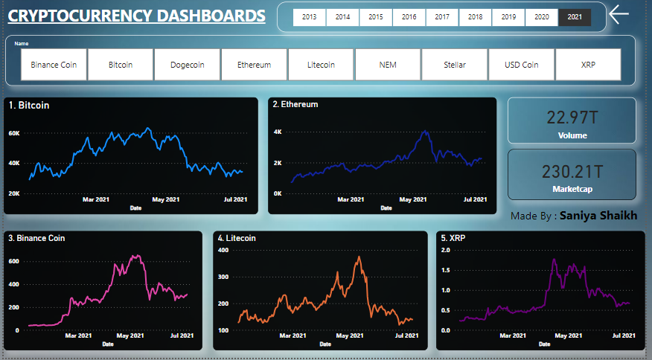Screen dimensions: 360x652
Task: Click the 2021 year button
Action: tap(575, 17)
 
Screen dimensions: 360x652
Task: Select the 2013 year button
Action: tap(309, 17)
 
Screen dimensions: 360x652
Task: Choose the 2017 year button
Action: tap(441, 17)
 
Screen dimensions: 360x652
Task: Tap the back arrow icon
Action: tap(619, 15)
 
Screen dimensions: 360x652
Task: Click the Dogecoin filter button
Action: tap(187, 65)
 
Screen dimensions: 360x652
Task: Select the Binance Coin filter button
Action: tap(54, 65)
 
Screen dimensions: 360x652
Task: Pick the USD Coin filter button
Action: tap(521, 65)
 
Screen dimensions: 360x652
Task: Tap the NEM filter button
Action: tap(388, 65)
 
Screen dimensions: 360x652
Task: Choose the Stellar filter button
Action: tap(454, 65)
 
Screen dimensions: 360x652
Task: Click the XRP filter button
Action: tap(588, 65)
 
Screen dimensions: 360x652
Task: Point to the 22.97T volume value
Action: tap(572, 117)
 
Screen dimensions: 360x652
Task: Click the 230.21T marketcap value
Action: tap(572, 171)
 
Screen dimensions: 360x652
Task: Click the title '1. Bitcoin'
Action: tap(29, 106)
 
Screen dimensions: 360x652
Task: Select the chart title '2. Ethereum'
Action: tap(295, 105)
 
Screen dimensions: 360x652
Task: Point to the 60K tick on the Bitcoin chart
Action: tap(14, 133)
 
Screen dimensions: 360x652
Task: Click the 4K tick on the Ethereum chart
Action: tap(278, 132)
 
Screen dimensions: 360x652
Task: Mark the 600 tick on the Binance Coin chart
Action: tap(14, 262)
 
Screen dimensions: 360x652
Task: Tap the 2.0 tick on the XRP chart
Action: tap(447, 250)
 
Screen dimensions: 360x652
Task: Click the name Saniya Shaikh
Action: tap(598, 215)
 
